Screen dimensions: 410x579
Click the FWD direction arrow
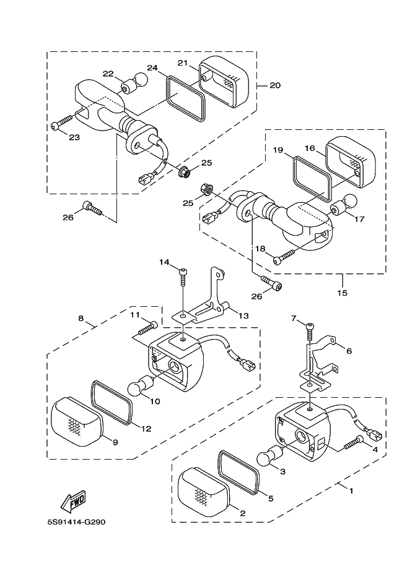73,502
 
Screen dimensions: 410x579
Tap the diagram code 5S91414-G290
77,522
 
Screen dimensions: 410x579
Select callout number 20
275,85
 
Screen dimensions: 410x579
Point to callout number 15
342,293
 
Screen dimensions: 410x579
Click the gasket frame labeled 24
185,98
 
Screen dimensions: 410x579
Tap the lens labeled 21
224,81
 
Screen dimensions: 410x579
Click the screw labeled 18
284,257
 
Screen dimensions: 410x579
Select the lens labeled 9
77,421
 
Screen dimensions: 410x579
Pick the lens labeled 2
204,492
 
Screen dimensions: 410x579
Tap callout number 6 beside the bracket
349,351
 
